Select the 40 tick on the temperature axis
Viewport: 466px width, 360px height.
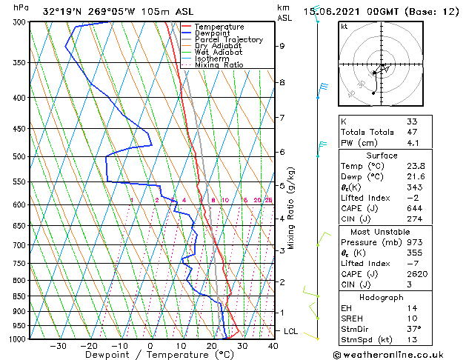pos(273,345)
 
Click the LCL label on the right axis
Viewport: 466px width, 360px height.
pos(290,331)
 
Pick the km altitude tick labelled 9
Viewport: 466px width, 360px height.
pos(282,46)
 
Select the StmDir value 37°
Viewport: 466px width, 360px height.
pos(414,329)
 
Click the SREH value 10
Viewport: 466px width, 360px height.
pos(412,318)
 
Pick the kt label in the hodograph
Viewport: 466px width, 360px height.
pos(344,27)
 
